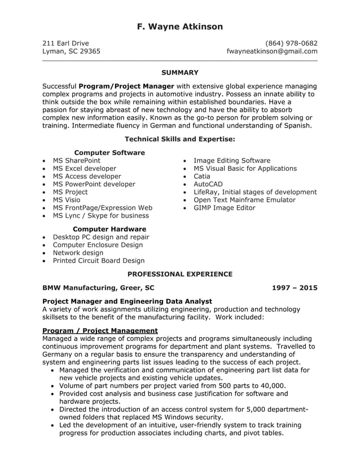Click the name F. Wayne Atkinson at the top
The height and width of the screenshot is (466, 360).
click(x=179, y=27)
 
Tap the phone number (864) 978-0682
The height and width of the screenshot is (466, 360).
click(x=291, y=43)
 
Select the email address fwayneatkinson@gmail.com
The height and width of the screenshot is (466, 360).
click(x=271, y=51)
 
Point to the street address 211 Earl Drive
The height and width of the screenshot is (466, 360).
click(x=65, y=43)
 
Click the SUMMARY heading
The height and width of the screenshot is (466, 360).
click(x=179, y=73)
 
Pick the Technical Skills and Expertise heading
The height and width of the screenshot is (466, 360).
click(x=179, y=139)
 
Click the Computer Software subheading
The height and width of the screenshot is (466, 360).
click(x=109, y=153)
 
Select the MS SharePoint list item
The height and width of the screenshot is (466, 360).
click(x=76, y=161)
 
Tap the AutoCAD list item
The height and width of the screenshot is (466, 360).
click(x=208, y=184)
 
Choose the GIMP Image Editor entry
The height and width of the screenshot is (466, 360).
click(x=224, y=208)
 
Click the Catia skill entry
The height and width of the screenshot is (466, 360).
click(x=201, y=177)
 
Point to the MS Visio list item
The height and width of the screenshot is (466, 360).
click(x=66, y=200)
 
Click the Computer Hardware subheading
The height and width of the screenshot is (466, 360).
click(x=109, y=229)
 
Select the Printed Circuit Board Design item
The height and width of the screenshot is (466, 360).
click(x=98, y=261)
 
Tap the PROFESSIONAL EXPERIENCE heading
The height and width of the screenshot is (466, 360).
click(x=179, y=274)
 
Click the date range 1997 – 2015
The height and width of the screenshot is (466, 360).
click(x=294, y=288)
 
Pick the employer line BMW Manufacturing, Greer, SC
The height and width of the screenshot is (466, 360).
click(x=98, y=288)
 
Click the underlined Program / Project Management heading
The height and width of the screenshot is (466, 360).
click(x=100, y=331)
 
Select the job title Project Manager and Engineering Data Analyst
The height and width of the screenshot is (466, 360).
click(x=127, y=302)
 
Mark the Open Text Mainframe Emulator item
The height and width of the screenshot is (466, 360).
click(x=244, y=200)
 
